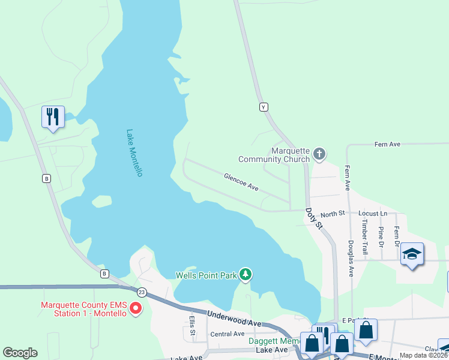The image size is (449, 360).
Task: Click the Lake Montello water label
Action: (134, 153)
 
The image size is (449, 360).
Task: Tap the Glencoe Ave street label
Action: (241, 182)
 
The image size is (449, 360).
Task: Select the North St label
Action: (333, 214)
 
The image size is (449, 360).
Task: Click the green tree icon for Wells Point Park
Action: (245, 275)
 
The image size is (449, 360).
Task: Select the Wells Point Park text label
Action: (206, 275)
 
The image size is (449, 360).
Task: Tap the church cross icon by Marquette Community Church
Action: (319, 154)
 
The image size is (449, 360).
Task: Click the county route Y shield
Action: (263, 107)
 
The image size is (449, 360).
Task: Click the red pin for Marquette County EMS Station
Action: (136, 308)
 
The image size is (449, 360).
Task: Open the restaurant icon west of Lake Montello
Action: (53, 116)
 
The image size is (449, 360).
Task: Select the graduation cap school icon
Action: (412, 254)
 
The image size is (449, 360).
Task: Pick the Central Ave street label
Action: (227, 334)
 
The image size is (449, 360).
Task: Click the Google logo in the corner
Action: (20, 353)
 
